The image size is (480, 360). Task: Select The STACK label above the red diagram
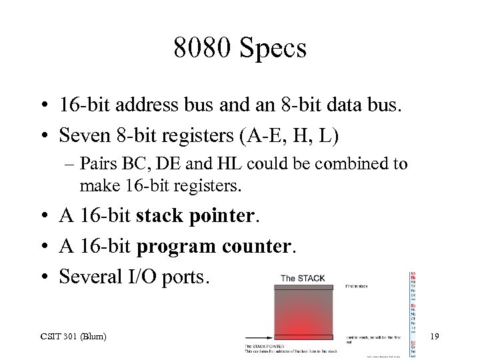[x=303, y=278]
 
